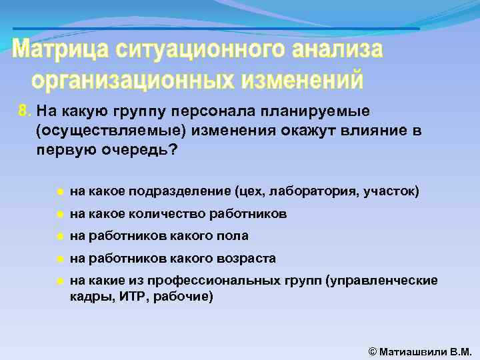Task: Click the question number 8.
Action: click(24, 110)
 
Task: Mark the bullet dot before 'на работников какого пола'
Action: click(59, 236)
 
